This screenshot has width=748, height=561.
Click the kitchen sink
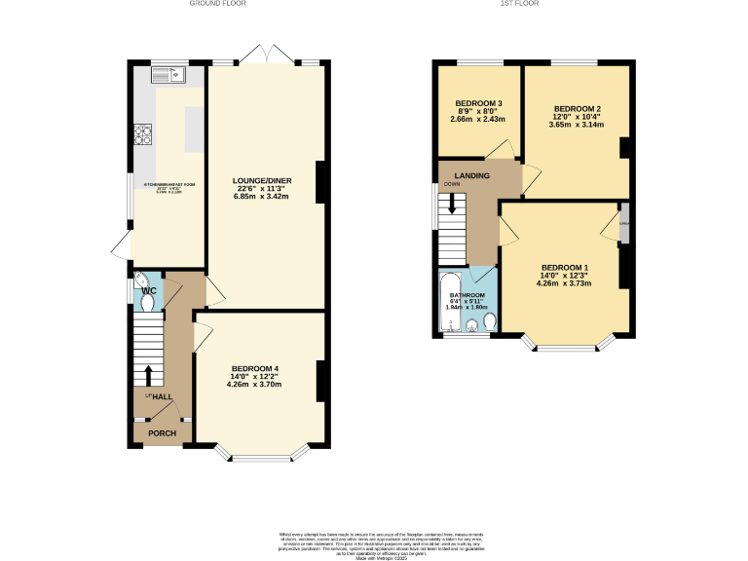click(168, 73)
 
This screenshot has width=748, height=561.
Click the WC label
click(149, 291)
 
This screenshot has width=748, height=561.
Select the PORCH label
click(161, 433)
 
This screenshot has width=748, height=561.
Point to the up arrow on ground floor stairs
click(148, 375)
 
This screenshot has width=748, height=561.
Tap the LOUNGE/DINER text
click(262, 181)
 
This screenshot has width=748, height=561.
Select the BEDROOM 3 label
click(478, 104)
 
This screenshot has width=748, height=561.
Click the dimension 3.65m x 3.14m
click(576, 125)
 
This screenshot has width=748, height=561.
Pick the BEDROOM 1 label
click(565, 268)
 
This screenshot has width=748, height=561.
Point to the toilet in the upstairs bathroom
click(490, 320)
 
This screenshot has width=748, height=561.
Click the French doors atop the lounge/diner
click(263, 56)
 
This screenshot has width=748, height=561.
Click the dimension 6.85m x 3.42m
click(262, 197)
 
